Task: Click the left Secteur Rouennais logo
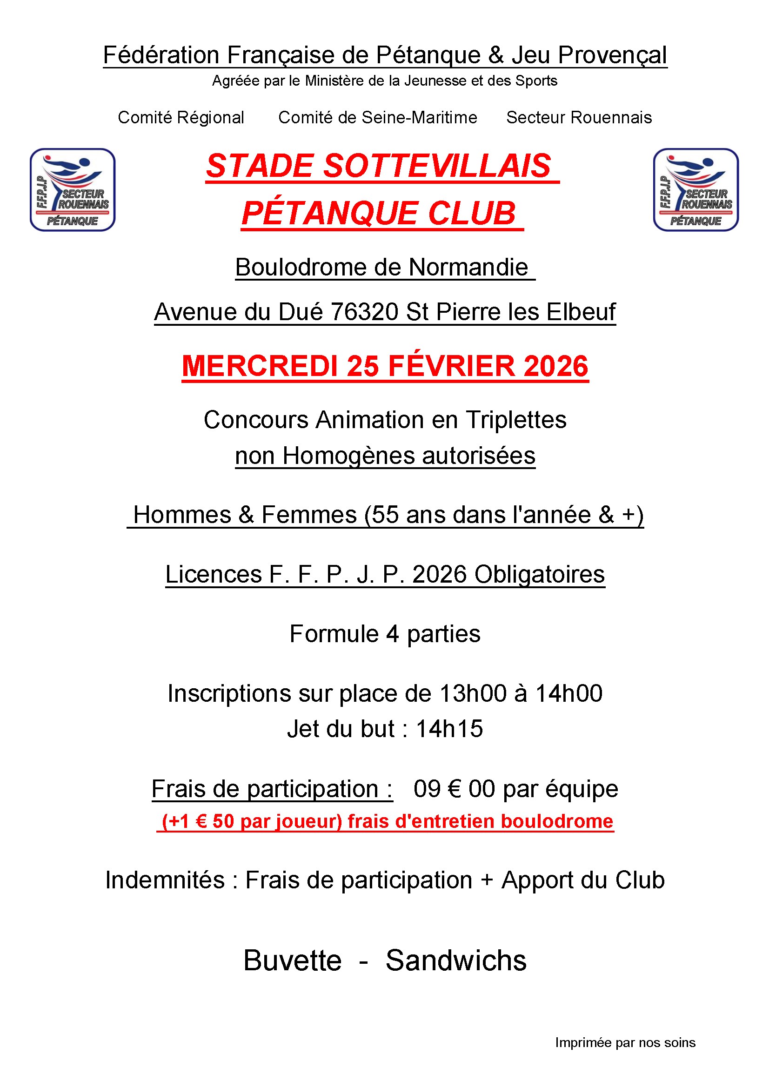pos(73,189)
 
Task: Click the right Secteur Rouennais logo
pos(695,189)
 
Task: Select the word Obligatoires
pos(539,574)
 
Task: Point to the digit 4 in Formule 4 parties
pos(392,634)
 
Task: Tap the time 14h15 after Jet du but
pos(449,729)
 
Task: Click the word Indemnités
pos(164,880)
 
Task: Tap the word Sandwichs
pos(456,960)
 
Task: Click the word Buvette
pos(292,960)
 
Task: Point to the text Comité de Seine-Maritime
pos(378,118)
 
